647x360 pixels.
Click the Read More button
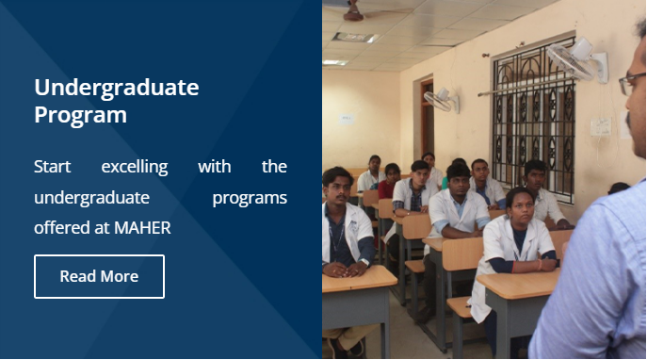click(99, 276)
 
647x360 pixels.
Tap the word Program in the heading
click(80, 116)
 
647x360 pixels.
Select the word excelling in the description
click(135, 167)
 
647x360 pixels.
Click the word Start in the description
click(53, 167)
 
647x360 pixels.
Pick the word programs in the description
click(250, 197)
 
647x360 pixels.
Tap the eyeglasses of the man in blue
click(633, 82)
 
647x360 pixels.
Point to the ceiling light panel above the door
click(354, 37)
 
